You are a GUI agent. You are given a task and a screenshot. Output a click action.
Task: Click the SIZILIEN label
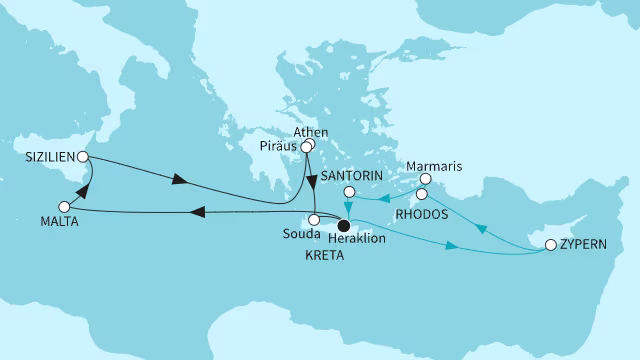48,157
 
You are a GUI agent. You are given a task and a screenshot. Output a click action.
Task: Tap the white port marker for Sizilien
83,157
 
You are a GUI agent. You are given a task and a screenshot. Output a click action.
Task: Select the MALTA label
33,222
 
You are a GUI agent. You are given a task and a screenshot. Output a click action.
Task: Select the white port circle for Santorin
349,191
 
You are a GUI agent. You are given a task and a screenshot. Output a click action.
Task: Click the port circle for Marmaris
425,181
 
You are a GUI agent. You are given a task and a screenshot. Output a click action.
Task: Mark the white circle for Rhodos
422,194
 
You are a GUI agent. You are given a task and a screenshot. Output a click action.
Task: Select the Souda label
302,237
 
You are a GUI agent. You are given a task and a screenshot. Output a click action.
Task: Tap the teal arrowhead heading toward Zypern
455,246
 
